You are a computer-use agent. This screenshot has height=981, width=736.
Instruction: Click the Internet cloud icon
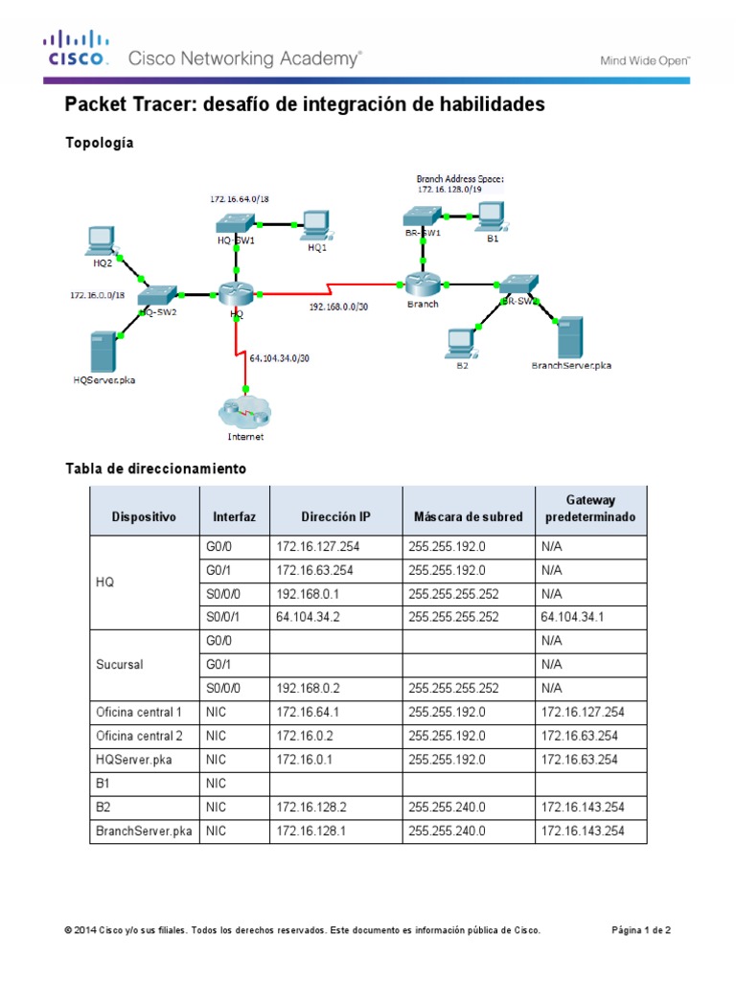pos(245,413)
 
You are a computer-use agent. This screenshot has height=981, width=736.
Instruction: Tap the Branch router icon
pos(421,283)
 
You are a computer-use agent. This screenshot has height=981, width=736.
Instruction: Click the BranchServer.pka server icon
pos(569,336)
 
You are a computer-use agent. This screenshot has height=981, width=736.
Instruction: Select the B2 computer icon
pos(461,341)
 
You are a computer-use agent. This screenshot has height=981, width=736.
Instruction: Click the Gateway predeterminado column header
pos(590,509)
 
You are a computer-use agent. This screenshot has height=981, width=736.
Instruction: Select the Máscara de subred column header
pos(468,517)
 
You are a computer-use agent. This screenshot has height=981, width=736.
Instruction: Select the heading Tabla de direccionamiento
pos(155,468)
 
